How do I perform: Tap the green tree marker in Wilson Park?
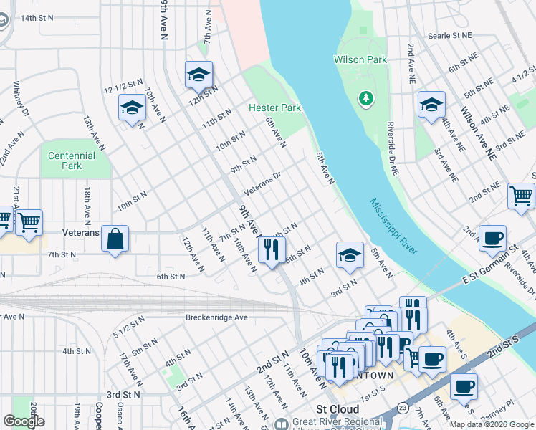366,97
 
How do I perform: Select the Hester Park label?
274,107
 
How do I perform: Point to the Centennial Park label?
72,161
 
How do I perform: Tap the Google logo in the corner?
24,421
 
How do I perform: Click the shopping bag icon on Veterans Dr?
115,239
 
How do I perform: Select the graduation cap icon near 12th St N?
198,74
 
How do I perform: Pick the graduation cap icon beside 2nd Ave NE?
431,105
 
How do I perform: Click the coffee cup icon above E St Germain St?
492,239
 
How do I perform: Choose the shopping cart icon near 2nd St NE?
521,196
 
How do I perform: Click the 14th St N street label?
37,17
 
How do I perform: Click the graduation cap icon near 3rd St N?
348,254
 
